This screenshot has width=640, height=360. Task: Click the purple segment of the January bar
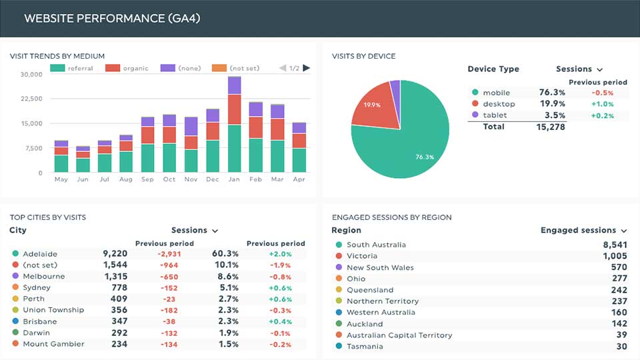pos(234,85)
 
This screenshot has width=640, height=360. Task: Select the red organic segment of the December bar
pos(213,131)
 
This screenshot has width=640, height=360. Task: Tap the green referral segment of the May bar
pos(61,163)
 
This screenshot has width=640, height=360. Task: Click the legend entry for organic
pos(127,68)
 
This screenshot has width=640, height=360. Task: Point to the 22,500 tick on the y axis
pos(31,99)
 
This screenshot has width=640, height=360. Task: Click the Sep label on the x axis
pos(147,179)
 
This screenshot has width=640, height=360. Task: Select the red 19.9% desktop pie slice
pos(377,107)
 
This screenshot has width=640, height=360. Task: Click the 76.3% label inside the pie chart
pos(425,157)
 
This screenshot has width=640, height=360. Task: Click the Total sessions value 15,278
pos(551,127)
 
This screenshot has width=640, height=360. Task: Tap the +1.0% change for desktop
pos(603,104)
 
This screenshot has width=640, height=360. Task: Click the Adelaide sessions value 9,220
pos(115,254)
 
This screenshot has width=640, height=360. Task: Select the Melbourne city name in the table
pos(44,276)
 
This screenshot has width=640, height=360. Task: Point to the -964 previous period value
pos(169,265)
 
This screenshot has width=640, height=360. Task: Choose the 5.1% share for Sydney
pos(229,288)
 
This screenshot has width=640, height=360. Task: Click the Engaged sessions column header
pos(579,230)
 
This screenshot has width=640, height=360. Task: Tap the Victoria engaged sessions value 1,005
pos(615,256)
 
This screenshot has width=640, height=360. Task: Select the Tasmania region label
pos(365,347)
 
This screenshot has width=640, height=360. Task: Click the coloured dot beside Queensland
pos(339,290)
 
